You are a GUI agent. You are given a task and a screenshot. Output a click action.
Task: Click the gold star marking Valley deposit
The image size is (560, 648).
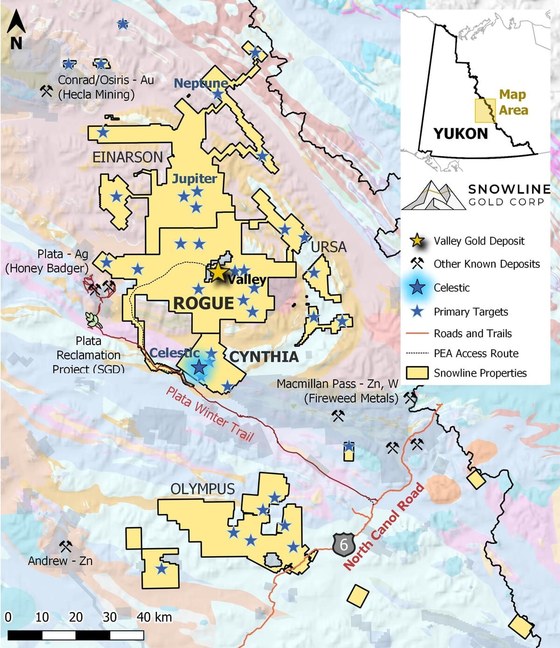(218, 272)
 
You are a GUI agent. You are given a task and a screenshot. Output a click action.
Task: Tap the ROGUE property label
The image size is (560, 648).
(203, 304)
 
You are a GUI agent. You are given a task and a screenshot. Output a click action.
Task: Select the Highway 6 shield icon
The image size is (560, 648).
(344, 544)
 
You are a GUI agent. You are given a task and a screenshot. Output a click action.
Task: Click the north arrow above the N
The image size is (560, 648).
(16, 22)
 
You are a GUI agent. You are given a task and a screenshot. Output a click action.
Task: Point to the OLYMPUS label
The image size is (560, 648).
(203, 489)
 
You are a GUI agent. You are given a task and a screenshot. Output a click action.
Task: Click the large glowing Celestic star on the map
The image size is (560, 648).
(199, 367)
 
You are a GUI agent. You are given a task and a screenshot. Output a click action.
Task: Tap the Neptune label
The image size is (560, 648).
(201, 83)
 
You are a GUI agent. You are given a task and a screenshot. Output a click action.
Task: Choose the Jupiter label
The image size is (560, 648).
(194, 178)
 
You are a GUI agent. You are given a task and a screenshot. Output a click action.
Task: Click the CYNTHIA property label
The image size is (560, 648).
(264, 357)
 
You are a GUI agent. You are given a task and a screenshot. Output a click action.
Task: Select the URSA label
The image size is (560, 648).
(329, 247)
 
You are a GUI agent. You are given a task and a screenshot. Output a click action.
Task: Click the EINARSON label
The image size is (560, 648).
(127, 157)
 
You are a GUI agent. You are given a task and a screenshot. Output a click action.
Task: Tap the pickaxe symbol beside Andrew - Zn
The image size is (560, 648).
(65, 546)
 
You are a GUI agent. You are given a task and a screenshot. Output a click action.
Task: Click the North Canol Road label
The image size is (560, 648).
(384, 527)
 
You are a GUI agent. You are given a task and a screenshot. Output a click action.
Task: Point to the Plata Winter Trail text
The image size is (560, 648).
(210, 414)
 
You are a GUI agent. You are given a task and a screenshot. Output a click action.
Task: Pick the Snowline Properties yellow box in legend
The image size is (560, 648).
(417, 373)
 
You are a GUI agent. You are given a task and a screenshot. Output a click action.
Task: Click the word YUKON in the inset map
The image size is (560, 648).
(461, 134)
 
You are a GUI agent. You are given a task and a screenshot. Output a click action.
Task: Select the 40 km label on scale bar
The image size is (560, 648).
(154, 617)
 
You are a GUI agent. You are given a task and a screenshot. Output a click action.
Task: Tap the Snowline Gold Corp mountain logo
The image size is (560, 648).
(433, 195)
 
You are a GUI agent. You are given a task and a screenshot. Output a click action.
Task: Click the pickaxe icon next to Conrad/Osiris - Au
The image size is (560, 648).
(46, 91)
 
